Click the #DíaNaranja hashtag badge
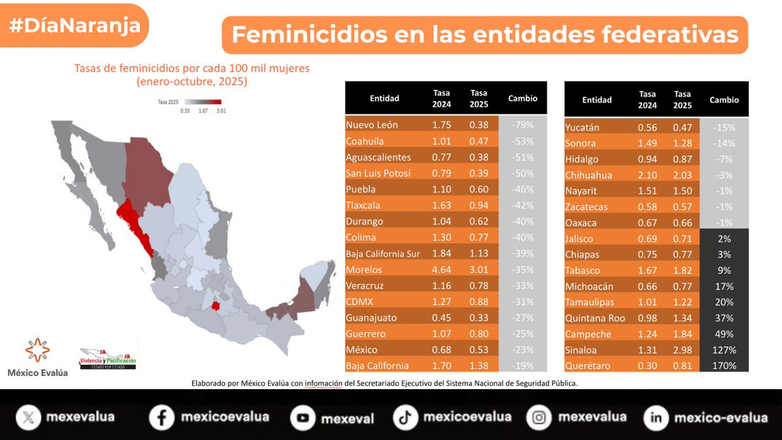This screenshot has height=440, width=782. click(x=74, y=26)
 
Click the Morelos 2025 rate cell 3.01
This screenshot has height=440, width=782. click(x=479, y=270)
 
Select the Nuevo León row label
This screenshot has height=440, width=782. click(x=372, y=125)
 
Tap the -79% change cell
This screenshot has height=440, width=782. click(x=523, y=125)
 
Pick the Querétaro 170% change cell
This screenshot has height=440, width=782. click(x=724, y=366)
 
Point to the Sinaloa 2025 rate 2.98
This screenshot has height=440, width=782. click(x=682, y=350)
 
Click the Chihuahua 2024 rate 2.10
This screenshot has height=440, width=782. click(x=647, y=175)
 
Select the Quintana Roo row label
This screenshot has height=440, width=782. click(x=595, y=318)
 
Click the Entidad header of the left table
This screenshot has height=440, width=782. click(x=384, y=98)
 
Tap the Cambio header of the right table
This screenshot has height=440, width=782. click(x=724, y=100)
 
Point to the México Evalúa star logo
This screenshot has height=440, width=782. click(x=37, y=351)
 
